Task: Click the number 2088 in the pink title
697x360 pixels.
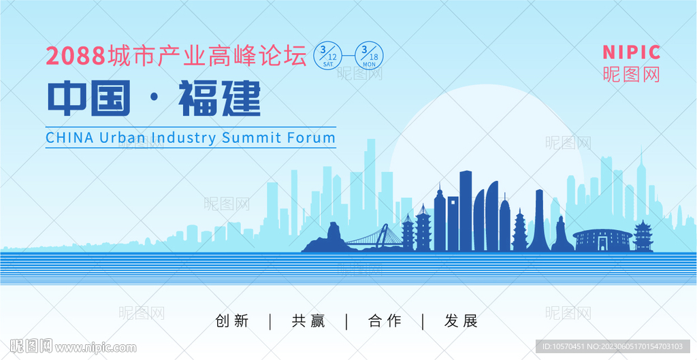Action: coord(76,56)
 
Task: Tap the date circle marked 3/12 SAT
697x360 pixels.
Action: coord(328,56)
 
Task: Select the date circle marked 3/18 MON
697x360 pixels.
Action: coord(369,56)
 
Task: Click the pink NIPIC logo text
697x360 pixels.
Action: coord(631,52)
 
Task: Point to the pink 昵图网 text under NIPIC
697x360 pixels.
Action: coord(631,74)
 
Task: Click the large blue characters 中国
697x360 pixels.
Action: coord(89,98)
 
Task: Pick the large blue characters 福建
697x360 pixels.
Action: coord(219,98)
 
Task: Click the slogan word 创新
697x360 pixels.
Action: coord(231,321)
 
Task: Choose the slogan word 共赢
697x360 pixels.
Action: coord(308,321)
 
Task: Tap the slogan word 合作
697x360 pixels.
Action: coord(385,321)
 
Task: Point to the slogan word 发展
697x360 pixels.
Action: coord(461,321)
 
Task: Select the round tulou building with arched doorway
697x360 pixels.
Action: coord(602,240)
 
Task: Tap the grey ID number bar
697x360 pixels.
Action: coord(613,346)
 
